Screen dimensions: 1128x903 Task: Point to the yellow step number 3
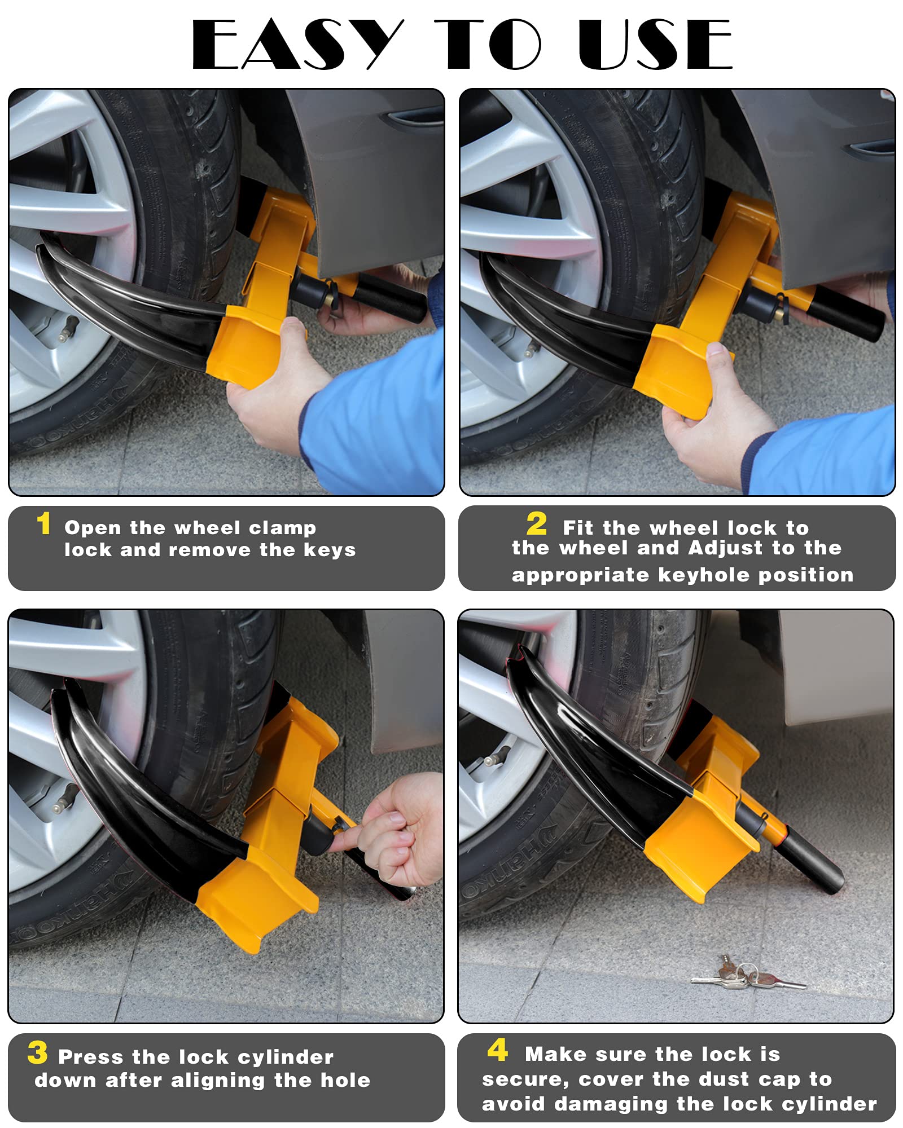pos(37,1052)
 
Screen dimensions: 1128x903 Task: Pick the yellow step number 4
pos(497,1050)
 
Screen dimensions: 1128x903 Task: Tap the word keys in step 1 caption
pos(330,550)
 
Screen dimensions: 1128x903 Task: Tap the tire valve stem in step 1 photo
pos(69,327)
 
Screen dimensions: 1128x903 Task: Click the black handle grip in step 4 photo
pos(813,863)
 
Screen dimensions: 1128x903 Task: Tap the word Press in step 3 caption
pos(90,1057)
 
